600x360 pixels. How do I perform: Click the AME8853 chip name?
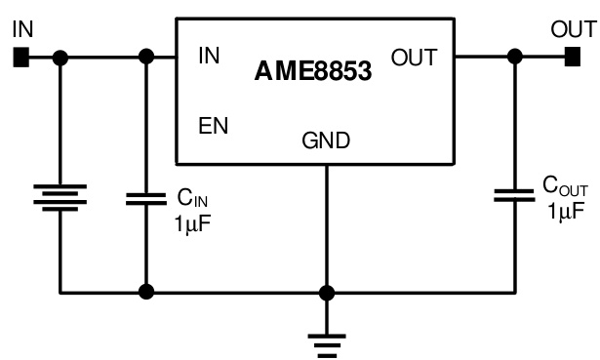(x=313, y=71)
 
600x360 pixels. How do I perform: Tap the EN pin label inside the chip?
(x=214, y=126)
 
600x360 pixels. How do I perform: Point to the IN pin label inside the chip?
(x=209, y=57)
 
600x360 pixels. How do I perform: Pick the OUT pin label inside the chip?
(x=415, y=58)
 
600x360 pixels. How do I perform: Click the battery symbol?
(x=60, y=197)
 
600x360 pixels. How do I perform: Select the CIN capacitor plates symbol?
(x=146, y=198)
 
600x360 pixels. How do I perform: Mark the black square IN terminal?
(x=20, y=59)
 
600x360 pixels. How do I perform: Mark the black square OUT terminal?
(x=572, y=59)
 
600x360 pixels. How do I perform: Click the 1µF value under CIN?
(x=192, y=222)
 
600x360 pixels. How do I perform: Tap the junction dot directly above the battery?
(x=60, y=59)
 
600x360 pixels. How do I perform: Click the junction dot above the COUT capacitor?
(x=514, y=59)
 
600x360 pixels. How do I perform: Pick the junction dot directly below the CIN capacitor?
(x=146, y=292)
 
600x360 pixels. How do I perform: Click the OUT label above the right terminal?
(x=573, y=28)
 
